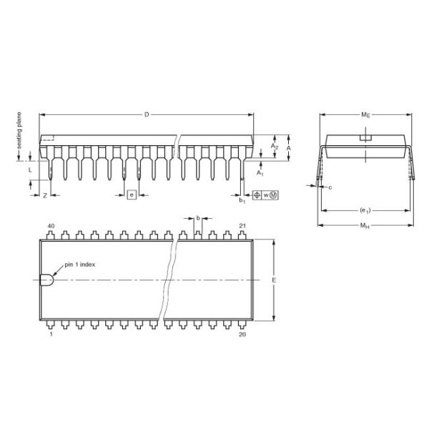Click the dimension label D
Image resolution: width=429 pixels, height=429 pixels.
[147, 114]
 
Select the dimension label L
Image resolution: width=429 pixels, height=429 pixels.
[30, 171]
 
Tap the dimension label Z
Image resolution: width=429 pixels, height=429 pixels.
[45, 194]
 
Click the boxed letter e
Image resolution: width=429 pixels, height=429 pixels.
[132, 194]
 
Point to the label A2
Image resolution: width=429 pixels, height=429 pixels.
[275, 147]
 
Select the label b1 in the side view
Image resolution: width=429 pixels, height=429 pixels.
[242, 199]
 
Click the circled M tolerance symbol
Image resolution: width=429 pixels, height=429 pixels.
[273, 194]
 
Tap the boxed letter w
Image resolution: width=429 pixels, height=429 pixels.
[265, 194]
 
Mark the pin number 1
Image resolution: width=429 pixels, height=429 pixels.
[51, 334]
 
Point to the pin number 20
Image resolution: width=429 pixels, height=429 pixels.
[242, 334]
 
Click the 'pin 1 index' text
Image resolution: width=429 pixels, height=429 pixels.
[80, 264]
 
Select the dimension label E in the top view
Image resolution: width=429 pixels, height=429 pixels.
[274, 280]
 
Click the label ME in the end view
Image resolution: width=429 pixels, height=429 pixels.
[365, 114]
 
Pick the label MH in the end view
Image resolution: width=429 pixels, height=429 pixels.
[365, 227]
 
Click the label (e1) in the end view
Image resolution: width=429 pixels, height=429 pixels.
[365, 210]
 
